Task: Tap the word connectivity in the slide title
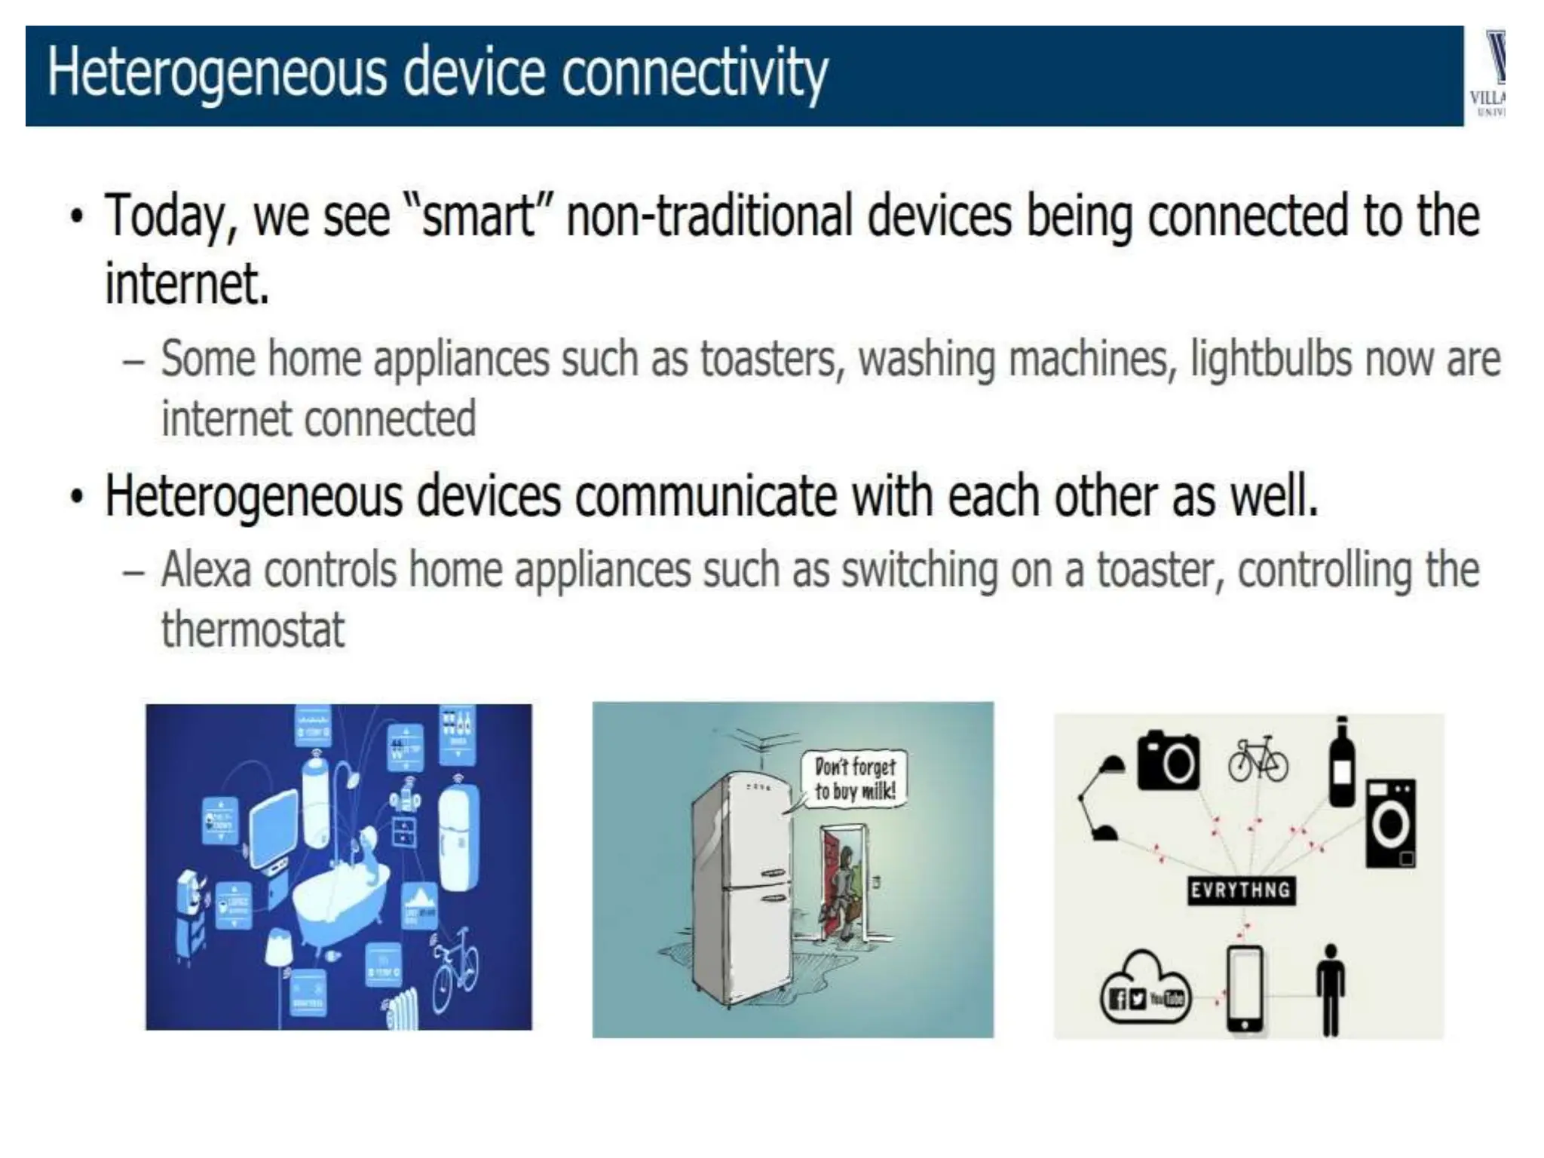pos(694,73)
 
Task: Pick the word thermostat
pos(253,630)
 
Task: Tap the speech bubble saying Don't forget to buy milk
pos(854,780)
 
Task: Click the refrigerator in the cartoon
pos(743,890)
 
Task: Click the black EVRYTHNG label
pos(1240,890)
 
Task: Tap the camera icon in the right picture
pos(1168,761)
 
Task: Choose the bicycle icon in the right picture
pos(1258,760)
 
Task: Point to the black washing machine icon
pos(1391,823)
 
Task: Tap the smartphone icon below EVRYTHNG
pos(1245,988)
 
